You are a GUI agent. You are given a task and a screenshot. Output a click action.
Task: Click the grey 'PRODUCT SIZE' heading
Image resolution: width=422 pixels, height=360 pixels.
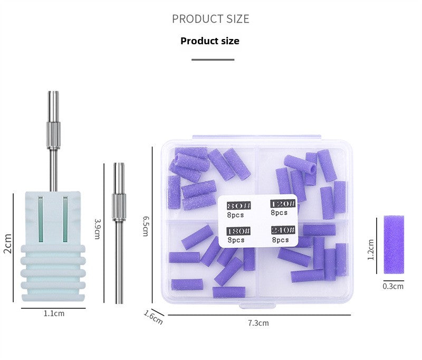click(210, 19)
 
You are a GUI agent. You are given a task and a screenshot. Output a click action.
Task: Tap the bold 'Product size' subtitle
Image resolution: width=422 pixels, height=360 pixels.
click(210, 41)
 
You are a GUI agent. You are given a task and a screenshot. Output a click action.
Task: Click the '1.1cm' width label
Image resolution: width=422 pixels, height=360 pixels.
click(54, 313)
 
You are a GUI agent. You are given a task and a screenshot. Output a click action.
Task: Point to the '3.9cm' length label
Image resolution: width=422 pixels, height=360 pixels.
click(97, 229)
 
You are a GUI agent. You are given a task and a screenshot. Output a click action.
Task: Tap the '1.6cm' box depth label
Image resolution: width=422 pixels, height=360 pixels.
click(154, 317)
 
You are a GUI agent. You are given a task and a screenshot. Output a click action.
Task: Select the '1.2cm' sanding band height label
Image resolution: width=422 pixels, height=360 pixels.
click(371, 249)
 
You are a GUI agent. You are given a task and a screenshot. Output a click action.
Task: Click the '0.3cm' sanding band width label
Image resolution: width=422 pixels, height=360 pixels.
click(393, 286)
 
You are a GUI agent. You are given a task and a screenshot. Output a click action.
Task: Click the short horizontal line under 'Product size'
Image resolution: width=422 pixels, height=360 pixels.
click(213, 60)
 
